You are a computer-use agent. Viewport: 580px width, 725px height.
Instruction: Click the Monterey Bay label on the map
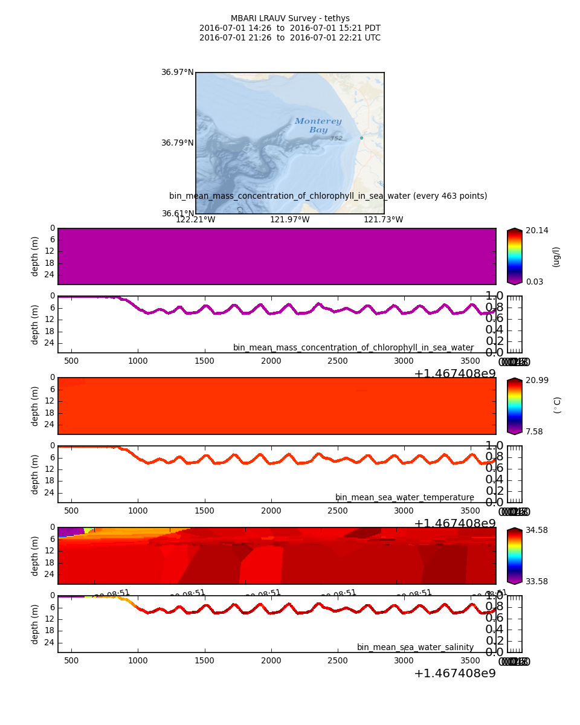[318, 126]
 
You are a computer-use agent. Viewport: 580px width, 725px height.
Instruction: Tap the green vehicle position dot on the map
[361, 138]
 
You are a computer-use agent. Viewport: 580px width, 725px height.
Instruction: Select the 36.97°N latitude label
[177, 72]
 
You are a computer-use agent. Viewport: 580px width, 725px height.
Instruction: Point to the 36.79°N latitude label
[177, 143]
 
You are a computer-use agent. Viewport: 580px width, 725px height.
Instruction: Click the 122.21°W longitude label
[195, 219]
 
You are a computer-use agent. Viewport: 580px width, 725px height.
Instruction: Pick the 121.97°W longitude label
[289, 219]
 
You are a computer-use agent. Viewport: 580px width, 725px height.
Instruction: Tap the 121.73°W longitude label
[383, 219]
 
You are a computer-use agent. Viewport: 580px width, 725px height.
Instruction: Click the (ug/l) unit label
[556, 256]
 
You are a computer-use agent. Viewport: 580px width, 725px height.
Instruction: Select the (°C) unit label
[557, 405]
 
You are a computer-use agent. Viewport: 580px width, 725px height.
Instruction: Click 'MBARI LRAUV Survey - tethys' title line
[290, 19]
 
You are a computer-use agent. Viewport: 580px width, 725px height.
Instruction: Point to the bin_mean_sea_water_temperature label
[404, 497]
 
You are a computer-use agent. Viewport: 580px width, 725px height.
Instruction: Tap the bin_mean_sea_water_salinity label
[415, 647]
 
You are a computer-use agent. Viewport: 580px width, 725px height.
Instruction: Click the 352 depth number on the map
[336, 138]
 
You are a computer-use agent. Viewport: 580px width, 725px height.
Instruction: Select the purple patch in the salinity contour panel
[70, 532]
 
